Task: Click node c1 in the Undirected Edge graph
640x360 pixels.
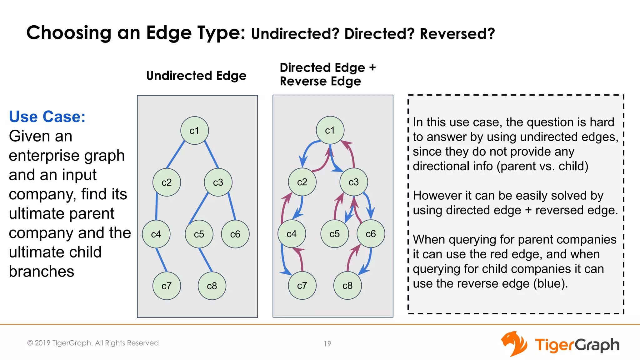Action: point(194,131)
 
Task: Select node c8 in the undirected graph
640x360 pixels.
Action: point(212,286)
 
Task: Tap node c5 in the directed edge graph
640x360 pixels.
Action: point(334,234)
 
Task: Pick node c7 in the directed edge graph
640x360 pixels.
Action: point(302,286)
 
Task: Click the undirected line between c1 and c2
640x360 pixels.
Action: point(176,154)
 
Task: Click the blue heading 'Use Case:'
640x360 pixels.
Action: point(47,117)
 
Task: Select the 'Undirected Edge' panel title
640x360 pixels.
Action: point(196,76)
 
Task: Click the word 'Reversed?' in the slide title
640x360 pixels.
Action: point(457,34)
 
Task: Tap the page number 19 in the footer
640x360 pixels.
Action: point(327,344)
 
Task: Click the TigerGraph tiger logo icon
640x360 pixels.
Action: point(514,344)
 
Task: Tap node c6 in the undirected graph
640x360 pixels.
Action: point(235,234)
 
